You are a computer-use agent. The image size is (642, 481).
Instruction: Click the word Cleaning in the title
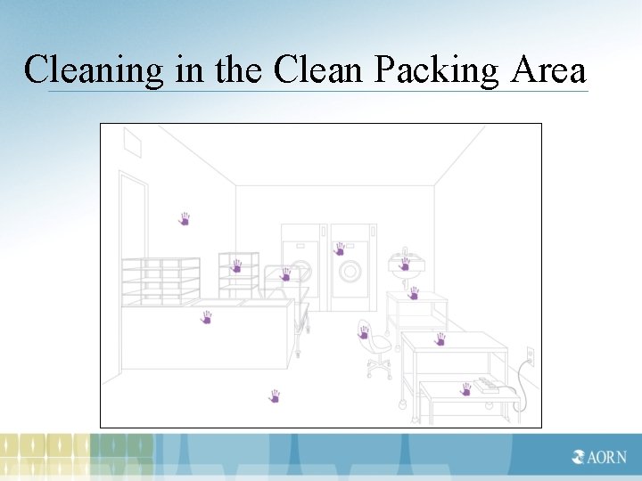pos(95,69)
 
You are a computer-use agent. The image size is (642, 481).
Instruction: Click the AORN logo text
pos(606,457)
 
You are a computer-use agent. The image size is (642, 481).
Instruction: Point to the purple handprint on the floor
pos(275,395)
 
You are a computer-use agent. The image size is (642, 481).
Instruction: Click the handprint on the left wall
pos(185,218)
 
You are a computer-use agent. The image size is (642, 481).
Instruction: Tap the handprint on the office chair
pos(364,332)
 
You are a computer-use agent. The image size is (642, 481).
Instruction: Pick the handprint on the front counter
pos(207,317)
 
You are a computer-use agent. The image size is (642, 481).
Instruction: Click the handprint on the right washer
pos(339,249)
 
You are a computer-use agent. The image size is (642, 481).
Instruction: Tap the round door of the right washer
pos(350,270)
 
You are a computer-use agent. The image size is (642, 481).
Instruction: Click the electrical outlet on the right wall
pos(530,356)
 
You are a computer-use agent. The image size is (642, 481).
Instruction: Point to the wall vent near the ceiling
pos(132,143)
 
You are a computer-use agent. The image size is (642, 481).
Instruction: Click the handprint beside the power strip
pos(465,388)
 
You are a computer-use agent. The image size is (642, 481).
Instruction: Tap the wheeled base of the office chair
pos(379,365)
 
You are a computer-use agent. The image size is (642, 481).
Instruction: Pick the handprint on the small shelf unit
pos(236,265)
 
